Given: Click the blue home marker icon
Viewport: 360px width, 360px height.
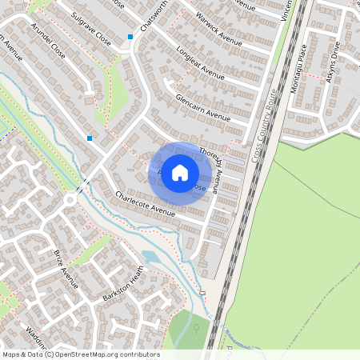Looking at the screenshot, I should pyautogui.click(x=180, y=172).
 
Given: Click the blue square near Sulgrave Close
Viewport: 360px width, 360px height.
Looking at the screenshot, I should pyautogui.click(x=130, y=37).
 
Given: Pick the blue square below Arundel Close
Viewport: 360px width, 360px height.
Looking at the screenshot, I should pyautogui.click(x=90, y=138).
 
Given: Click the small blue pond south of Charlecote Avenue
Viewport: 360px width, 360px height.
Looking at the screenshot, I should pyautogui.click(x=149, y=257).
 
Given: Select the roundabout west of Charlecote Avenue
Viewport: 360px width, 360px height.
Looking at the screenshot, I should pyautogui.click(x=70, y=200).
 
